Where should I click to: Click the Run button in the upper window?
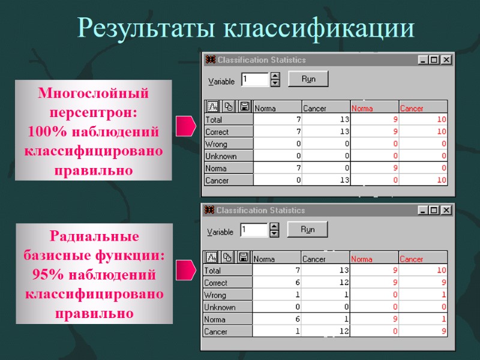(308, 79)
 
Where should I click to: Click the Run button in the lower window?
(307, 229)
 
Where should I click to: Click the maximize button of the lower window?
(434, 210)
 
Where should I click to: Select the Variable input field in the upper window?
(254, 79)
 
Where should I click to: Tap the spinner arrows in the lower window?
(275, 230)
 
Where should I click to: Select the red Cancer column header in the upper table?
(412, 109)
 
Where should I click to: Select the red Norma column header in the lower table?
(362, 259)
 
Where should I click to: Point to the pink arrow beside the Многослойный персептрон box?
(185, 126)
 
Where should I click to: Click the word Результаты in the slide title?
(146, 28)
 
